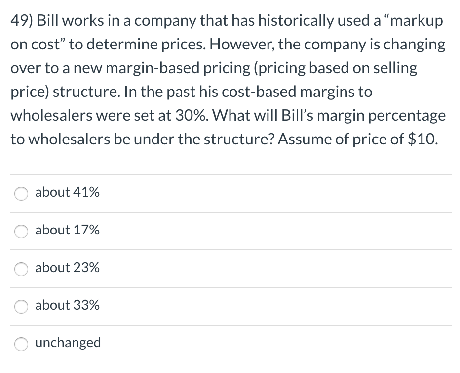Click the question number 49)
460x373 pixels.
coord(22,21)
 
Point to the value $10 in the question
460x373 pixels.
coord(422,139)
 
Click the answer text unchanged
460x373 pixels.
coord(68,343)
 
